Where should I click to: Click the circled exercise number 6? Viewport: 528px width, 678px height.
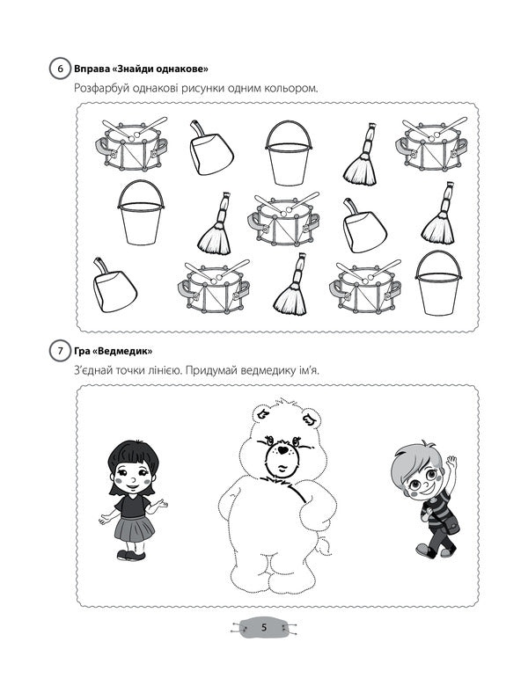(x=60, y=69)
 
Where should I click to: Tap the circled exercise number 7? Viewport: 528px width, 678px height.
(x=60, y=351)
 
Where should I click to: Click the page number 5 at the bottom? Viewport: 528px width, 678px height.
(x=264, y=627)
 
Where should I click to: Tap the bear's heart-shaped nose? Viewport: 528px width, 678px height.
(x=283, y=450)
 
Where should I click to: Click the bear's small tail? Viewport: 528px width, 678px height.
(x=323, y=546)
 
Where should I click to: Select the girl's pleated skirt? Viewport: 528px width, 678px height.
(x=134, y=528)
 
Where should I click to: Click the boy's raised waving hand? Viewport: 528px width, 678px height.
(x=451, y=463)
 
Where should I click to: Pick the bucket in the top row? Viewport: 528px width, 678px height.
(x=289, y=153)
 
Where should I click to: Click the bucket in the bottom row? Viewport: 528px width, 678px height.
(x=438, y=283)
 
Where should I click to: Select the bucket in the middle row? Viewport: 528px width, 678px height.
(x=141, y=212)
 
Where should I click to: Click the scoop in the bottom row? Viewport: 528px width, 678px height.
(x=114, y=286)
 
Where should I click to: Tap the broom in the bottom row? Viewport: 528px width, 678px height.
(x=291, y=285)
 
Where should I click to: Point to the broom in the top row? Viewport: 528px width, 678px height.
(x=362, y=155)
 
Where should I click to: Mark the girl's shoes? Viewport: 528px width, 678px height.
(x=131, y=555)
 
